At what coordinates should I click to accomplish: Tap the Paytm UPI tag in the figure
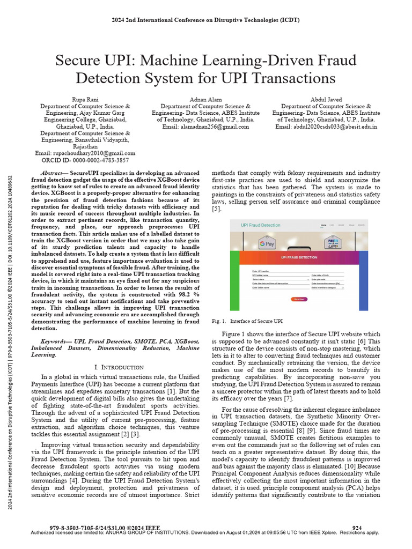[x=335, y=243]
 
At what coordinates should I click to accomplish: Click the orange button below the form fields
[x=299, y=299]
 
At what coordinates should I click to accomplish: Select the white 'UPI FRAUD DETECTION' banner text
[x=299, y=258]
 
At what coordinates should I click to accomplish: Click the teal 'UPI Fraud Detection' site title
[x=261, y=225]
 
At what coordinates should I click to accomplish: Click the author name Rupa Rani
[x=85, y=100]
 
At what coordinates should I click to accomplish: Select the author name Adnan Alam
[x=205, y=100]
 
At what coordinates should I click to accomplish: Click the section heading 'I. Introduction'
[x=119, y=367]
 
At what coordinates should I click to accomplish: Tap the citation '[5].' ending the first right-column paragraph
[x=217, y=208]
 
